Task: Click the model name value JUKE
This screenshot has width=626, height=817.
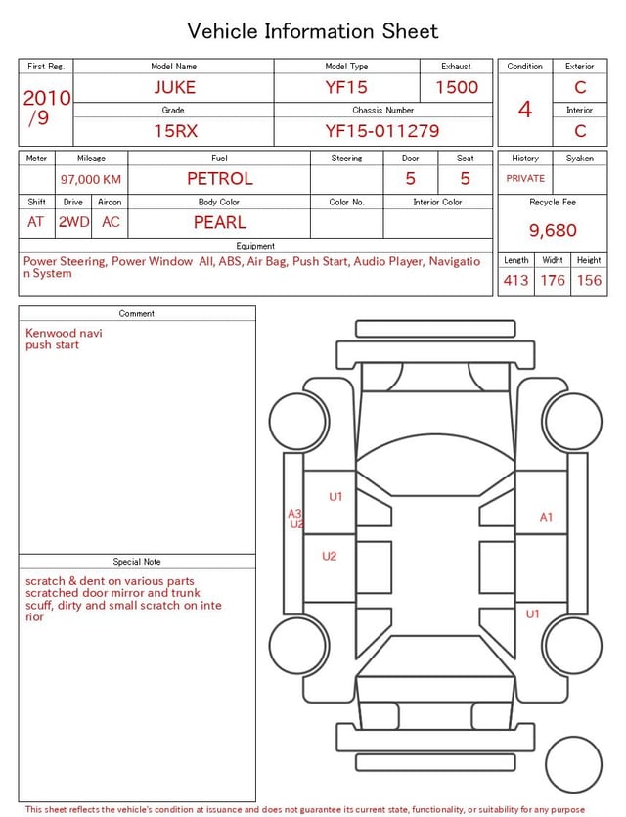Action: [174, 87]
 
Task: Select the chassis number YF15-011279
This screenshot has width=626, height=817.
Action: [382, 130]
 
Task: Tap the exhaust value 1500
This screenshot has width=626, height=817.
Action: [457, 87]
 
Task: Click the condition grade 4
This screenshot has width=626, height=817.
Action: [525, 109]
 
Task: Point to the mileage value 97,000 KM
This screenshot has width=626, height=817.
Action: [91, 179]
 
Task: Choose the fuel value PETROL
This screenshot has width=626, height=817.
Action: [220, 178]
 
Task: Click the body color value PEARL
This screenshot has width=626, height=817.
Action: [220, 222]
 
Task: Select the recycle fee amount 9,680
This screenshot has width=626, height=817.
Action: [554, 231]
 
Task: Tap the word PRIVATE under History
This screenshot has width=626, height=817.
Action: [525, 178]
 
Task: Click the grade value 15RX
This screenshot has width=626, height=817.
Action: [174, 130]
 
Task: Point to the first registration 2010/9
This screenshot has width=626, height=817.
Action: [46, 108]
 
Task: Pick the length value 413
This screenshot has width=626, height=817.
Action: [515, 280]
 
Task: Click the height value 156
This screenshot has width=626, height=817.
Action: [589, 280]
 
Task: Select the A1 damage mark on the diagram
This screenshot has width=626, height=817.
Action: [547, 517]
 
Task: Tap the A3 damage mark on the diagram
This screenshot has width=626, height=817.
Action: [294, 513]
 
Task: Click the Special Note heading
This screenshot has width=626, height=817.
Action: [137, 562]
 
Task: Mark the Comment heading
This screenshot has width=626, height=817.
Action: [137, 314]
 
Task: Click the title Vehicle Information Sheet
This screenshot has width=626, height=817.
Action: [313, 31]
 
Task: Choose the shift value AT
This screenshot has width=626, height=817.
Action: [36, 222]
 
